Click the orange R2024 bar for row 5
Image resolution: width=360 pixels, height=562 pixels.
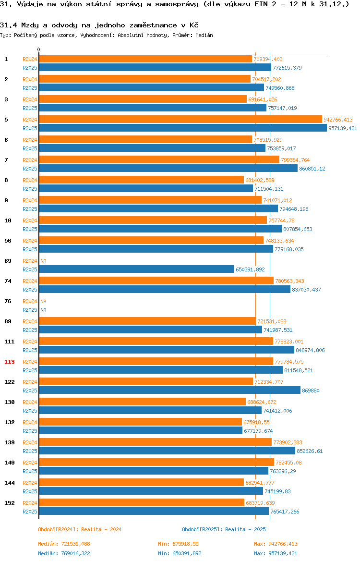(x=180, y=119)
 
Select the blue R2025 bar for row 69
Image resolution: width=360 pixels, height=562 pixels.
(x=136, y=269)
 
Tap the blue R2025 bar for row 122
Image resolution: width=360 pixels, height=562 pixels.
(x=170, y=391)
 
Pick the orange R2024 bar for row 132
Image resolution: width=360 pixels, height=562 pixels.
(x=141, y=422)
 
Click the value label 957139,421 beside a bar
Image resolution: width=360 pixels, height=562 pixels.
(x=343, y=128)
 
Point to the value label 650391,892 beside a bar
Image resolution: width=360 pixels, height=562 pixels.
(x=251, y=269)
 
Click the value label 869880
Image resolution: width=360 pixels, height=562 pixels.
(x=311, y=391)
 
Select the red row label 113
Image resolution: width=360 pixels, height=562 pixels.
(x=9, y=362)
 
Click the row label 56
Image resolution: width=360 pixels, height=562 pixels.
(x=8, y=241)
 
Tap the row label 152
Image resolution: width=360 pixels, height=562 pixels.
(x=9, y=503)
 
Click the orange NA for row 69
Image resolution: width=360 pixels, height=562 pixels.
(x=43, y=261)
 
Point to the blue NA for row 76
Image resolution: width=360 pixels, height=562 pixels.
(x=43, y=310)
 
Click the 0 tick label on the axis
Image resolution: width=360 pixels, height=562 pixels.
(x=39, y=50)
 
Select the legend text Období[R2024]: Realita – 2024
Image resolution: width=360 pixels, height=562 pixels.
(x=80, y=529)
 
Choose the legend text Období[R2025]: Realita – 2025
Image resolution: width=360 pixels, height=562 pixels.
(x=224, y=529)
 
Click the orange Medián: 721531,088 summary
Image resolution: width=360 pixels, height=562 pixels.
(x=64, y=544)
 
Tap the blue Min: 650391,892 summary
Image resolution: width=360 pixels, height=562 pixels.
(x=180, y=553)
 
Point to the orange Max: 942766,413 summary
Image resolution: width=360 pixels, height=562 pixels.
(x=276, y=544)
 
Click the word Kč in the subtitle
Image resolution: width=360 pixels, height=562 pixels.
(x=194, y=25)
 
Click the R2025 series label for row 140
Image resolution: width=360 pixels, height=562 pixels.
(x=30, y=471)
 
